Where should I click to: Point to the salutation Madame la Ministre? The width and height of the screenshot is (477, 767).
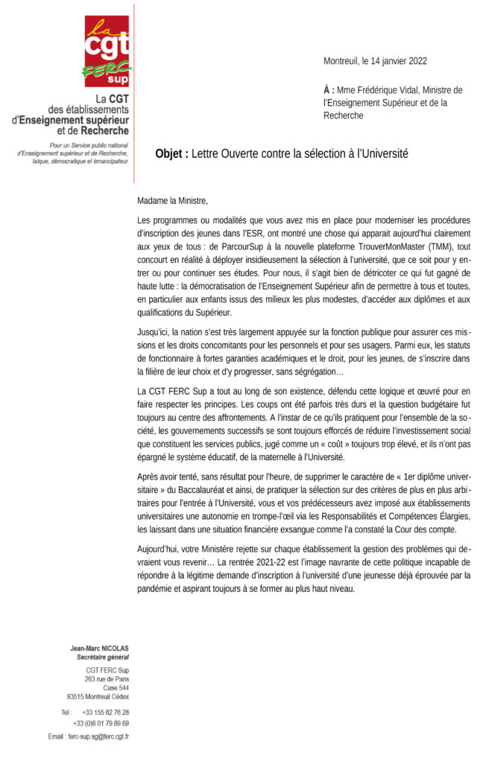[x=173, y=201]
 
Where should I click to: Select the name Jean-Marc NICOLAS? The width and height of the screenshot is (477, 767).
[x=100, y=649]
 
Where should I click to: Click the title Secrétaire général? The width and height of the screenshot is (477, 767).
[x=103, y=658]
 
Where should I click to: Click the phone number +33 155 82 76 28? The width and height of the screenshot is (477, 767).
[x=105, y=713]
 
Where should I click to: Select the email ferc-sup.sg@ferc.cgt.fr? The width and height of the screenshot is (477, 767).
[x=98, y=736]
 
